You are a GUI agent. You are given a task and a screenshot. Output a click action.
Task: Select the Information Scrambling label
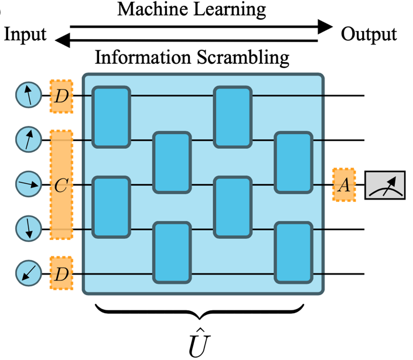point(192,57)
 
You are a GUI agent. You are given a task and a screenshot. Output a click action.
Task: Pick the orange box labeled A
point(344,185)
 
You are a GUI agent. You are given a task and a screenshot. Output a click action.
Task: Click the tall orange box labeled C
point(61,185)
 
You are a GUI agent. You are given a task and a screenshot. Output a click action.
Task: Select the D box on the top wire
point(61,95)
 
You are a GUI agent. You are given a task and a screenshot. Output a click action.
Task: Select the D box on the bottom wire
point(61,274)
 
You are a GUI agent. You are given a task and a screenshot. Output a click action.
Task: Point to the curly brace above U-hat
point(200,310)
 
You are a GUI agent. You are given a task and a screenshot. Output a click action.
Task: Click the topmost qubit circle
point(28,95)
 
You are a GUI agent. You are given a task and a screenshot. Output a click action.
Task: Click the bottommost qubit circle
point(28,274)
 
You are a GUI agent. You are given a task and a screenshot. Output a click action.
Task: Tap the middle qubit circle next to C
point(28,185)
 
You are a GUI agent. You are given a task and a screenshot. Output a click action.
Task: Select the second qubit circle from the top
point(28,140)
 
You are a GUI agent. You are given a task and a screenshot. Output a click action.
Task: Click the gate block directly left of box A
point(293,163)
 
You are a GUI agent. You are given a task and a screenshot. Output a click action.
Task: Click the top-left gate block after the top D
point(111,117)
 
